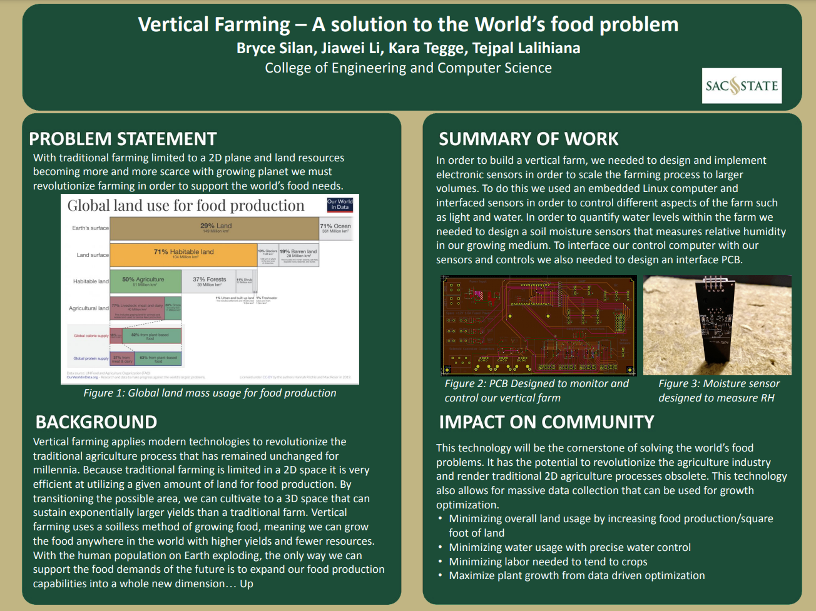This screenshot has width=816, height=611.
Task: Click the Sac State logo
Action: [x=742, y=86]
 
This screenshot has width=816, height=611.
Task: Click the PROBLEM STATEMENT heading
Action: [x=123, y=139]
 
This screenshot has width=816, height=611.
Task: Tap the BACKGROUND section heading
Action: [x=96, y=422]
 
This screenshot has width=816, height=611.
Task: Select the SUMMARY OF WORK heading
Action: [x=529, y=139]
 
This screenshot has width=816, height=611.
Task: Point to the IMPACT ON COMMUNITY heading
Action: [x=546, y=422]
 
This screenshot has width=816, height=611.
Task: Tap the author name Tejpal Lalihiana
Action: [x=526, y=48]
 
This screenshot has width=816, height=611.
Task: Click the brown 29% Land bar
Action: [x=215, y=228]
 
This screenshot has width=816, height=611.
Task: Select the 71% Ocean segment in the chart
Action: [x=336, y=228]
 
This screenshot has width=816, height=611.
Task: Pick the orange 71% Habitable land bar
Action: [x=183, y=254]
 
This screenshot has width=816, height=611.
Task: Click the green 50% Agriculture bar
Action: [x=145, y=281]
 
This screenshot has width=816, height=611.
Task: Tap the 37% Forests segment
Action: [x=208, y=281]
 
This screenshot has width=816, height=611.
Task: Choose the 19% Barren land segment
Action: [x=298, y=254]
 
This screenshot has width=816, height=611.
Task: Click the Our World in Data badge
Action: [x=340, y=205]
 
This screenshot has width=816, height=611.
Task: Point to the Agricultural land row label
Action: [x=89, y=308]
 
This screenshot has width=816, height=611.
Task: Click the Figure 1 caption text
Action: [x=210, y=393]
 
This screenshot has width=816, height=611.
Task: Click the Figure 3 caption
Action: [x=718, y=391]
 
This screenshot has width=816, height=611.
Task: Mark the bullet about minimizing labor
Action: [x=548, y=562]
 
